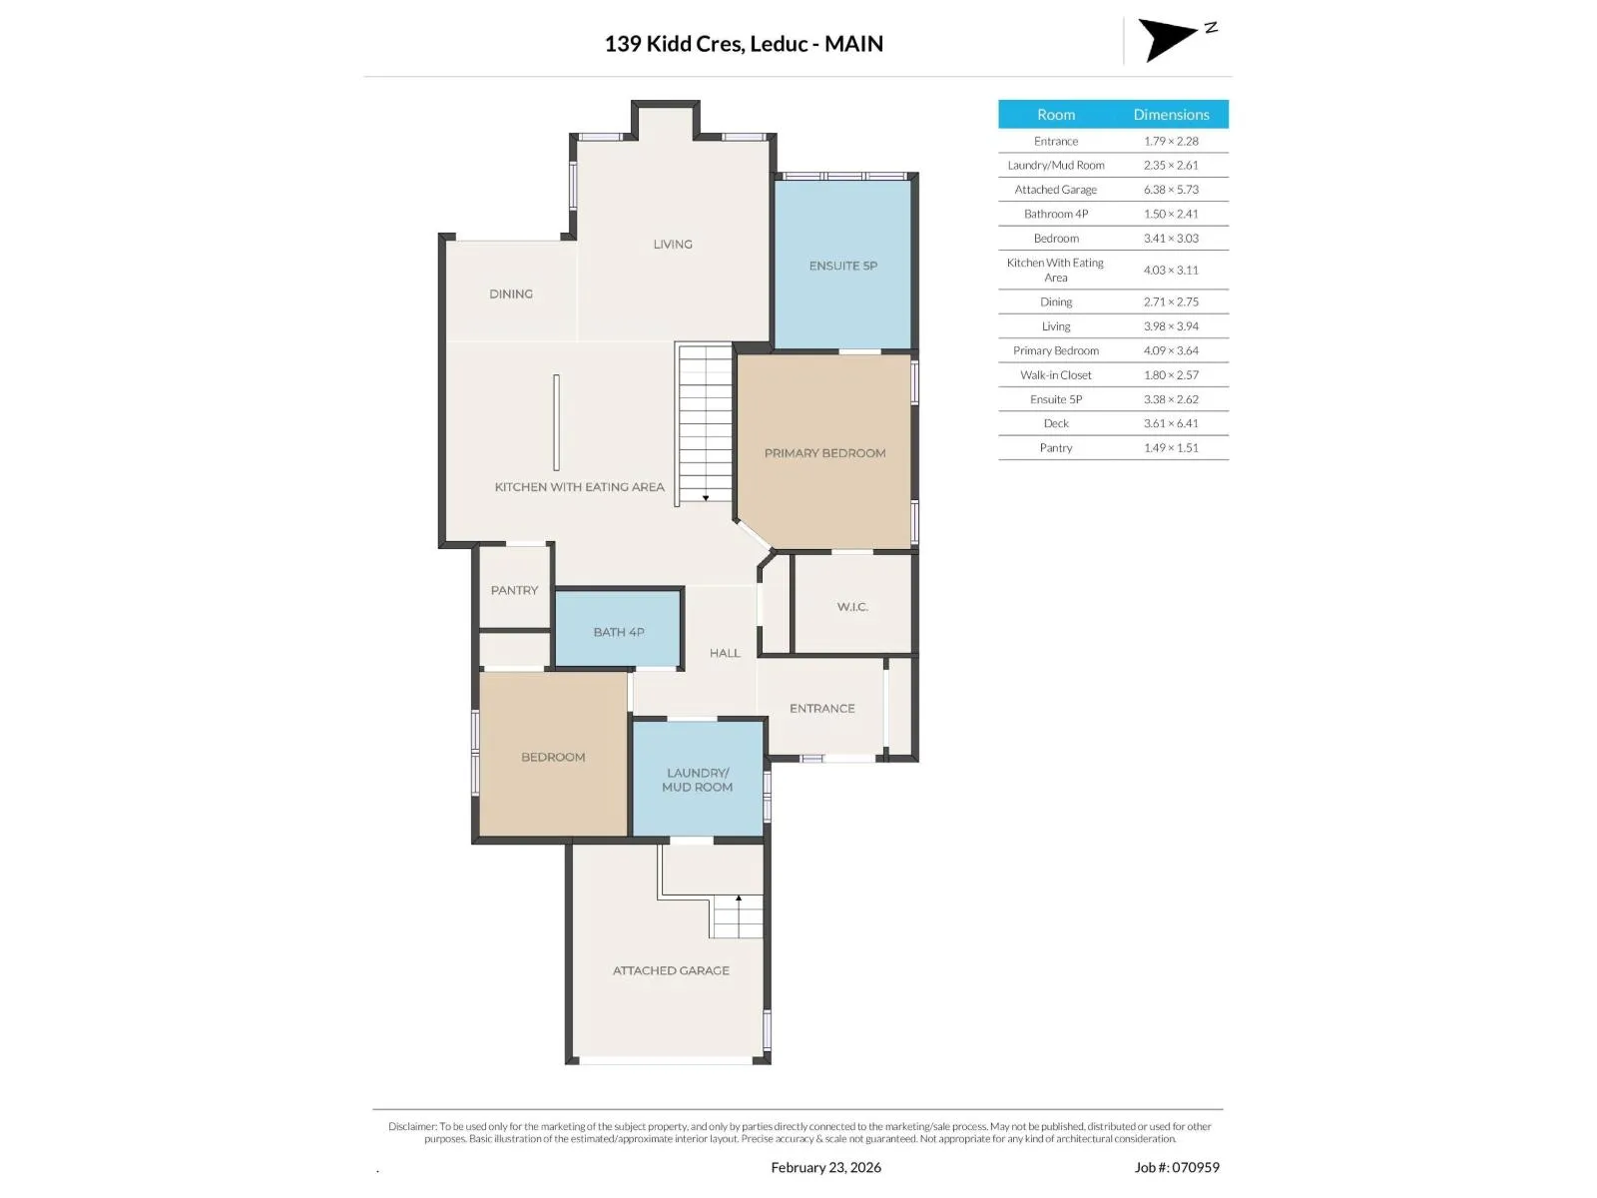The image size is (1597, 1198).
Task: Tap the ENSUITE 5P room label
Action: coord(842,266)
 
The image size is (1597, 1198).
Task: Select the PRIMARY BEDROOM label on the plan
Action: coord(824,452)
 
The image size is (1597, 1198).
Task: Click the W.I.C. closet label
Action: coord(852,606)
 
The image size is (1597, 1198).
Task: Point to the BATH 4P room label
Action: coord(619,631)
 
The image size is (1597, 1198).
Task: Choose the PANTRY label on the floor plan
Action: coord(514,589)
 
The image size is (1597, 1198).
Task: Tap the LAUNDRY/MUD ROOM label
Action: coord(697,779)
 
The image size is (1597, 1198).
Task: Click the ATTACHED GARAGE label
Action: coord(670,969)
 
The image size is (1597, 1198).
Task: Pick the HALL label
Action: coord(725,653)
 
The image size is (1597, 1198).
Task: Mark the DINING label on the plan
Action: coord(511,294)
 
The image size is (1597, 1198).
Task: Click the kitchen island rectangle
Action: coord(556,422)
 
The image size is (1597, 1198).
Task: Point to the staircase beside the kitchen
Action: coord(704,423)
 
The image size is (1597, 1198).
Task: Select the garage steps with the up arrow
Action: coord(737,915)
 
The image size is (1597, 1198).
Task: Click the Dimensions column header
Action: coord(1171,114)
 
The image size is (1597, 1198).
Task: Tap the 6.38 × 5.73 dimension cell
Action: coord(1171,189)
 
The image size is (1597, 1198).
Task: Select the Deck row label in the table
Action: coord(1056,422)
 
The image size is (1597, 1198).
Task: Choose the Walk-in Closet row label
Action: coord(1056,374)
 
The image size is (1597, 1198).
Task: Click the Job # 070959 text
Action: coord(1177,1167)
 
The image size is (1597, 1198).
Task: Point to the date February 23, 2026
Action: coord(825,1167)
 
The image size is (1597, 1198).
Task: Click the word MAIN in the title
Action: coord(853,44)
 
